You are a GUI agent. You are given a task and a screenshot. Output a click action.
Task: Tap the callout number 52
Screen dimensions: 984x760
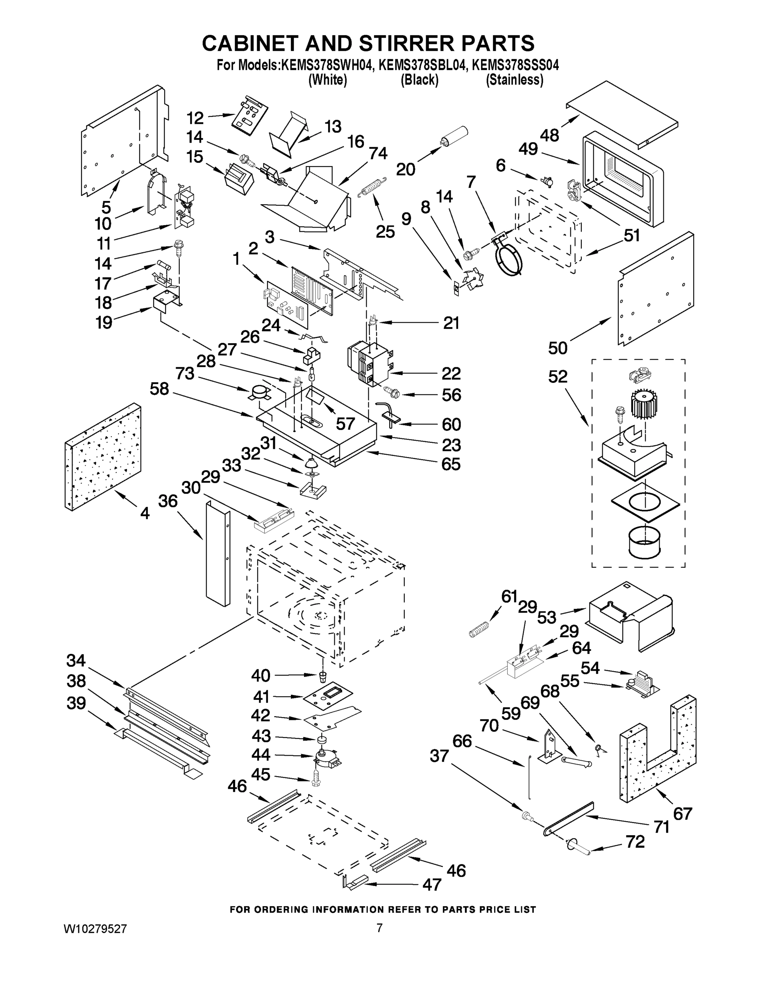click(558, 377)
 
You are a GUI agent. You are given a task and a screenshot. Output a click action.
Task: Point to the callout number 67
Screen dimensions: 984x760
click(682, 814)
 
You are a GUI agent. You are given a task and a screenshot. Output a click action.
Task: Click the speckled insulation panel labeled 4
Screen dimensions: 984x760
click(103, 456)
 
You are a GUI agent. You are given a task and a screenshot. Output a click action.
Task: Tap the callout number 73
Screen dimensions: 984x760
click(185, 373)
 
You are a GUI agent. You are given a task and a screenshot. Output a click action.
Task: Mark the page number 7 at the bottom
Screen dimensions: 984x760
click(379, 928)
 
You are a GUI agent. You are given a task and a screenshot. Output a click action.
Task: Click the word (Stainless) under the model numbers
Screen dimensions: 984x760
click(514, 80)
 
